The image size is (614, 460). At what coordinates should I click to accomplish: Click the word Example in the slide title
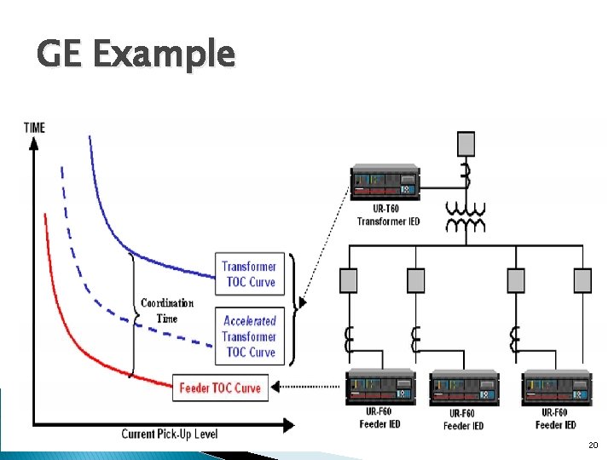click(163, 55)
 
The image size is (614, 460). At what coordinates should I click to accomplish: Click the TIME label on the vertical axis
click(35, 128)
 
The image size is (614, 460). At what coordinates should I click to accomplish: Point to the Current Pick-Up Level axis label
click(169, 434)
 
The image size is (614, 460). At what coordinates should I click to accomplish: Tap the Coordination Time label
click(167, 311)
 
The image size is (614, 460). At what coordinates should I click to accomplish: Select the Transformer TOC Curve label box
click(249, 274)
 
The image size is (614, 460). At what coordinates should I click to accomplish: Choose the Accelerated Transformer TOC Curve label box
click(249, 336)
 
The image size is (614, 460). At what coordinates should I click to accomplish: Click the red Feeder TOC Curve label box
click(220, 388)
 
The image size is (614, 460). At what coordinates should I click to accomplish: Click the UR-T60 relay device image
click(384, 182)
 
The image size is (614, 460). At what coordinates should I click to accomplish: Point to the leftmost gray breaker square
click(348, 280)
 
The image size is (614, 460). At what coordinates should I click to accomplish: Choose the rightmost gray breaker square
click(582, 280)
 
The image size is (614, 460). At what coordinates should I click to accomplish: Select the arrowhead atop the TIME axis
click(34, 143)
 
